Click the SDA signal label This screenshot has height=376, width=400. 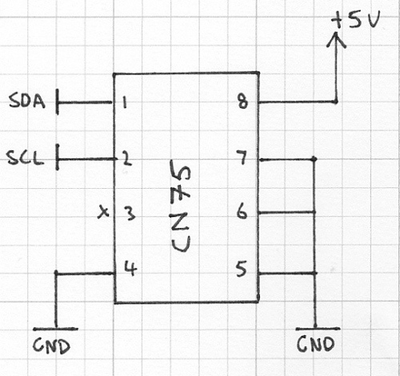[28, 102]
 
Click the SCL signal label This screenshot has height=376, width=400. [27, 158]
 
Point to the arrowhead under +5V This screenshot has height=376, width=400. [336, 42]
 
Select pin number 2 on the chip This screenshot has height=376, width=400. [126, 158]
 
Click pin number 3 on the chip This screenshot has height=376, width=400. [128, 214]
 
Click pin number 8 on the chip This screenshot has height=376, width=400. [242, 102]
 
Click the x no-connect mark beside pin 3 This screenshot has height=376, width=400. [102, 213]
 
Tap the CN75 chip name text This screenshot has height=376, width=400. [186, 206]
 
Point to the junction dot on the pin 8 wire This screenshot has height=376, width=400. [335, 102]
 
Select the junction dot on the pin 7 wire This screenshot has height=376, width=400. [314, 158]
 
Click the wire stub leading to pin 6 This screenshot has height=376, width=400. [286, 213]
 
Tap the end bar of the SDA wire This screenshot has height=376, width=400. [58, 102]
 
